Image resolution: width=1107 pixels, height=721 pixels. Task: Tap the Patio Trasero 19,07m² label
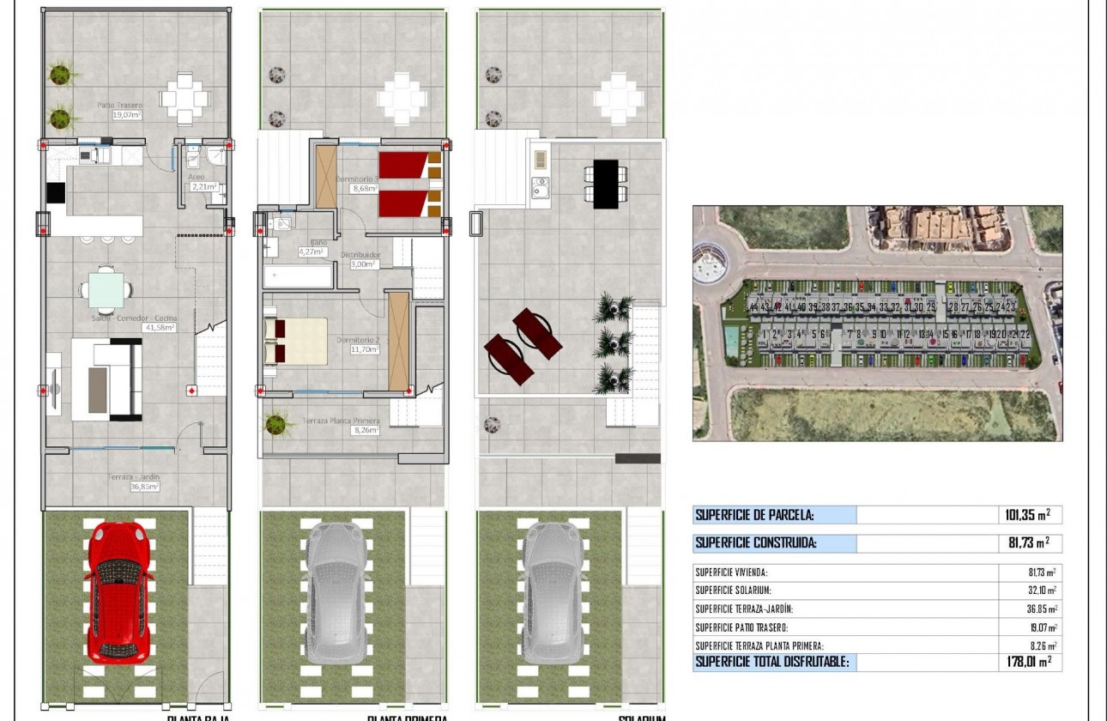click(119, 109)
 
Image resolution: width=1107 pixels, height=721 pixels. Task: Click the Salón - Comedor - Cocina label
click(134, 322)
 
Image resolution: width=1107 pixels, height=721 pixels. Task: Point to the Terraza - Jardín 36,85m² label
click(134, 482)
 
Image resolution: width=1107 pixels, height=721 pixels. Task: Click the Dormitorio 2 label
click(358, 344)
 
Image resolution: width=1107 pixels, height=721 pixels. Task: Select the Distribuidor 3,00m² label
click(360, 259)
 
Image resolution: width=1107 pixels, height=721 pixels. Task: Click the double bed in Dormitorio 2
click(295, 341)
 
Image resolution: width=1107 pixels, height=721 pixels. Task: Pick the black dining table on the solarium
click(605, 183)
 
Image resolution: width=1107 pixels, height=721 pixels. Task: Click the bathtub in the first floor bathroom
click(298, 276)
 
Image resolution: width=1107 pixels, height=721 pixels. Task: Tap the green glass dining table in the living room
click(106, 290)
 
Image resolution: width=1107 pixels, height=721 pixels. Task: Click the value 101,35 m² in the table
click(1027, 515)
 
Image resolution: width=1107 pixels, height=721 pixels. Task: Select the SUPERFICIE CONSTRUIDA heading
click(756, 542)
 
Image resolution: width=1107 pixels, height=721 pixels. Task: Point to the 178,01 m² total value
click(1027, 661)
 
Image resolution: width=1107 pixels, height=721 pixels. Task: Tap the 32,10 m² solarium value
click(1039, 591)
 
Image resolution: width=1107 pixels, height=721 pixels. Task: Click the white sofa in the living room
click(107, 379)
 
